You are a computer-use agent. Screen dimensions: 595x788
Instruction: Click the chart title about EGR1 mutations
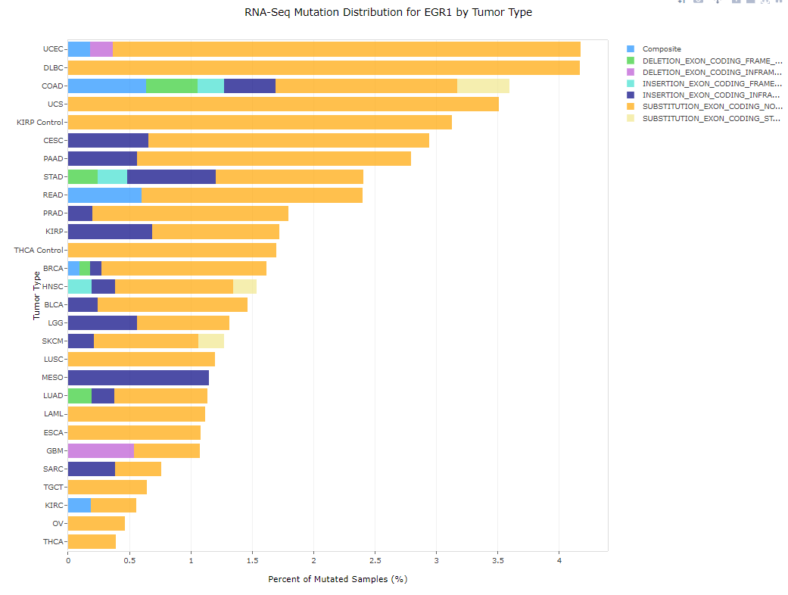tap(388, 12)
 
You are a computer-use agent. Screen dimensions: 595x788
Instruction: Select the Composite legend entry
tap(662, 49)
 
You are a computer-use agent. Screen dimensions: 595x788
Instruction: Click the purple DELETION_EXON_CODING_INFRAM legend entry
tap(711, 72)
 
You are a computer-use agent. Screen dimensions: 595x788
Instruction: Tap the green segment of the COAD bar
tap(172, 86)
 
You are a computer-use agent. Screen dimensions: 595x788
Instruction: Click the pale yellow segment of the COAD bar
tap(483, 86)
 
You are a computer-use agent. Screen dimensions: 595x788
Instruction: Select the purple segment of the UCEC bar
tap(101, 49)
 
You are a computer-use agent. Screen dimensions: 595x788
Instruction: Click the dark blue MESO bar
tap(138, 377)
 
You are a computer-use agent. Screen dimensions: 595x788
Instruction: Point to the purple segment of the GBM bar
tap(101, 450)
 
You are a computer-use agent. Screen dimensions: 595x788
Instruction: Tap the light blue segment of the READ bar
tap(104, 195)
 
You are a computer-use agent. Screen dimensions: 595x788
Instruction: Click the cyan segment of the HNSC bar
tap(79, 286)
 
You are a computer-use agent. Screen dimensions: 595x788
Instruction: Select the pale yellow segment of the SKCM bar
tap(211, 341)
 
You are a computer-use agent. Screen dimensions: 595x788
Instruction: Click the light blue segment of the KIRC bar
tap(79, 505)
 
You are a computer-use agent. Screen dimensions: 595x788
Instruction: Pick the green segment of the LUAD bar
tap(79, 395)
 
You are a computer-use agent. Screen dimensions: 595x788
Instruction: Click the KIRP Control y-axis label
tap(40, 122)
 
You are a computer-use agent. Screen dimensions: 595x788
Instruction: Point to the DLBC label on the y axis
tap(53, 67)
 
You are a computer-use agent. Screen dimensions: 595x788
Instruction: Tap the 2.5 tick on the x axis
tap(375, 561)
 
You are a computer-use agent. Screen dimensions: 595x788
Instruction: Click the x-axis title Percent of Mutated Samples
tap(338, 579)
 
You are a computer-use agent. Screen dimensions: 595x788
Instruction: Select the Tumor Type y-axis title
tap(36, 295)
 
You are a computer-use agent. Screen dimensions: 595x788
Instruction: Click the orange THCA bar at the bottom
tap(92, 541)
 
